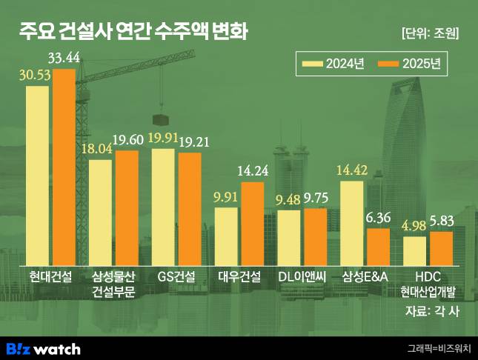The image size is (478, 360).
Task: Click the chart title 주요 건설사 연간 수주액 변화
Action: point(133,33)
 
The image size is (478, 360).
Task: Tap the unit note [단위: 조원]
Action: point(430,33)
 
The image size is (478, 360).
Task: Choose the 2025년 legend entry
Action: point(408,64)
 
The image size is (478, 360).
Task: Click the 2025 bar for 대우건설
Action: point(253,222)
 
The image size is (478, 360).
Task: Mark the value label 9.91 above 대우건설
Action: point(226,197)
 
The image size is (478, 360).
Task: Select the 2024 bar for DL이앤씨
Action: point(289,236)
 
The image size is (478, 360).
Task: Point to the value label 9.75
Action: point(316,198)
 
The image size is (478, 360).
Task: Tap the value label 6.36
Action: point(378,218)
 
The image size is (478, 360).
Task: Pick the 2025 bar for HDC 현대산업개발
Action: point(441,247)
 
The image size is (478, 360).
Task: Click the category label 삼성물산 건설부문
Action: point(113,284)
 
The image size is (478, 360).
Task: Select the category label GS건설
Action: point(176,277)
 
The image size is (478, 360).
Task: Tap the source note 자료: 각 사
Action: point(432,311)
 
